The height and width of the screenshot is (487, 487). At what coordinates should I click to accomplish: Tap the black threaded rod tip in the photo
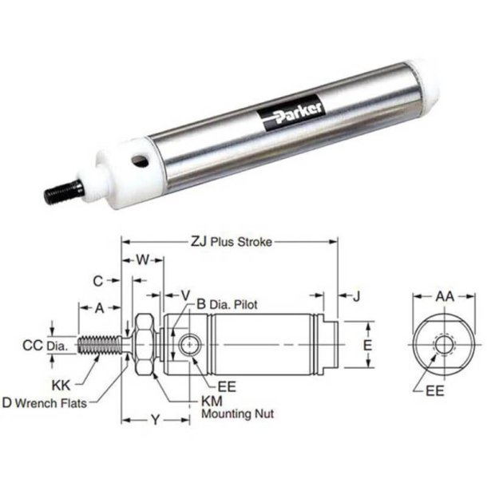coord(62,192)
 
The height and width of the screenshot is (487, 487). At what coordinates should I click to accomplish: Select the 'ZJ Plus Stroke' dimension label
coord(231,240)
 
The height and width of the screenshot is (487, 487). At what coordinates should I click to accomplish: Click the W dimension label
coord(144,259)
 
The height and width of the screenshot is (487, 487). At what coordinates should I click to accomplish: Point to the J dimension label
coord(357,297)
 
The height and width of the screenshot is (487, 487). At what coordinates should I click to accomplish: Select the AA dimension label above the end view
coord(442,296)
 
